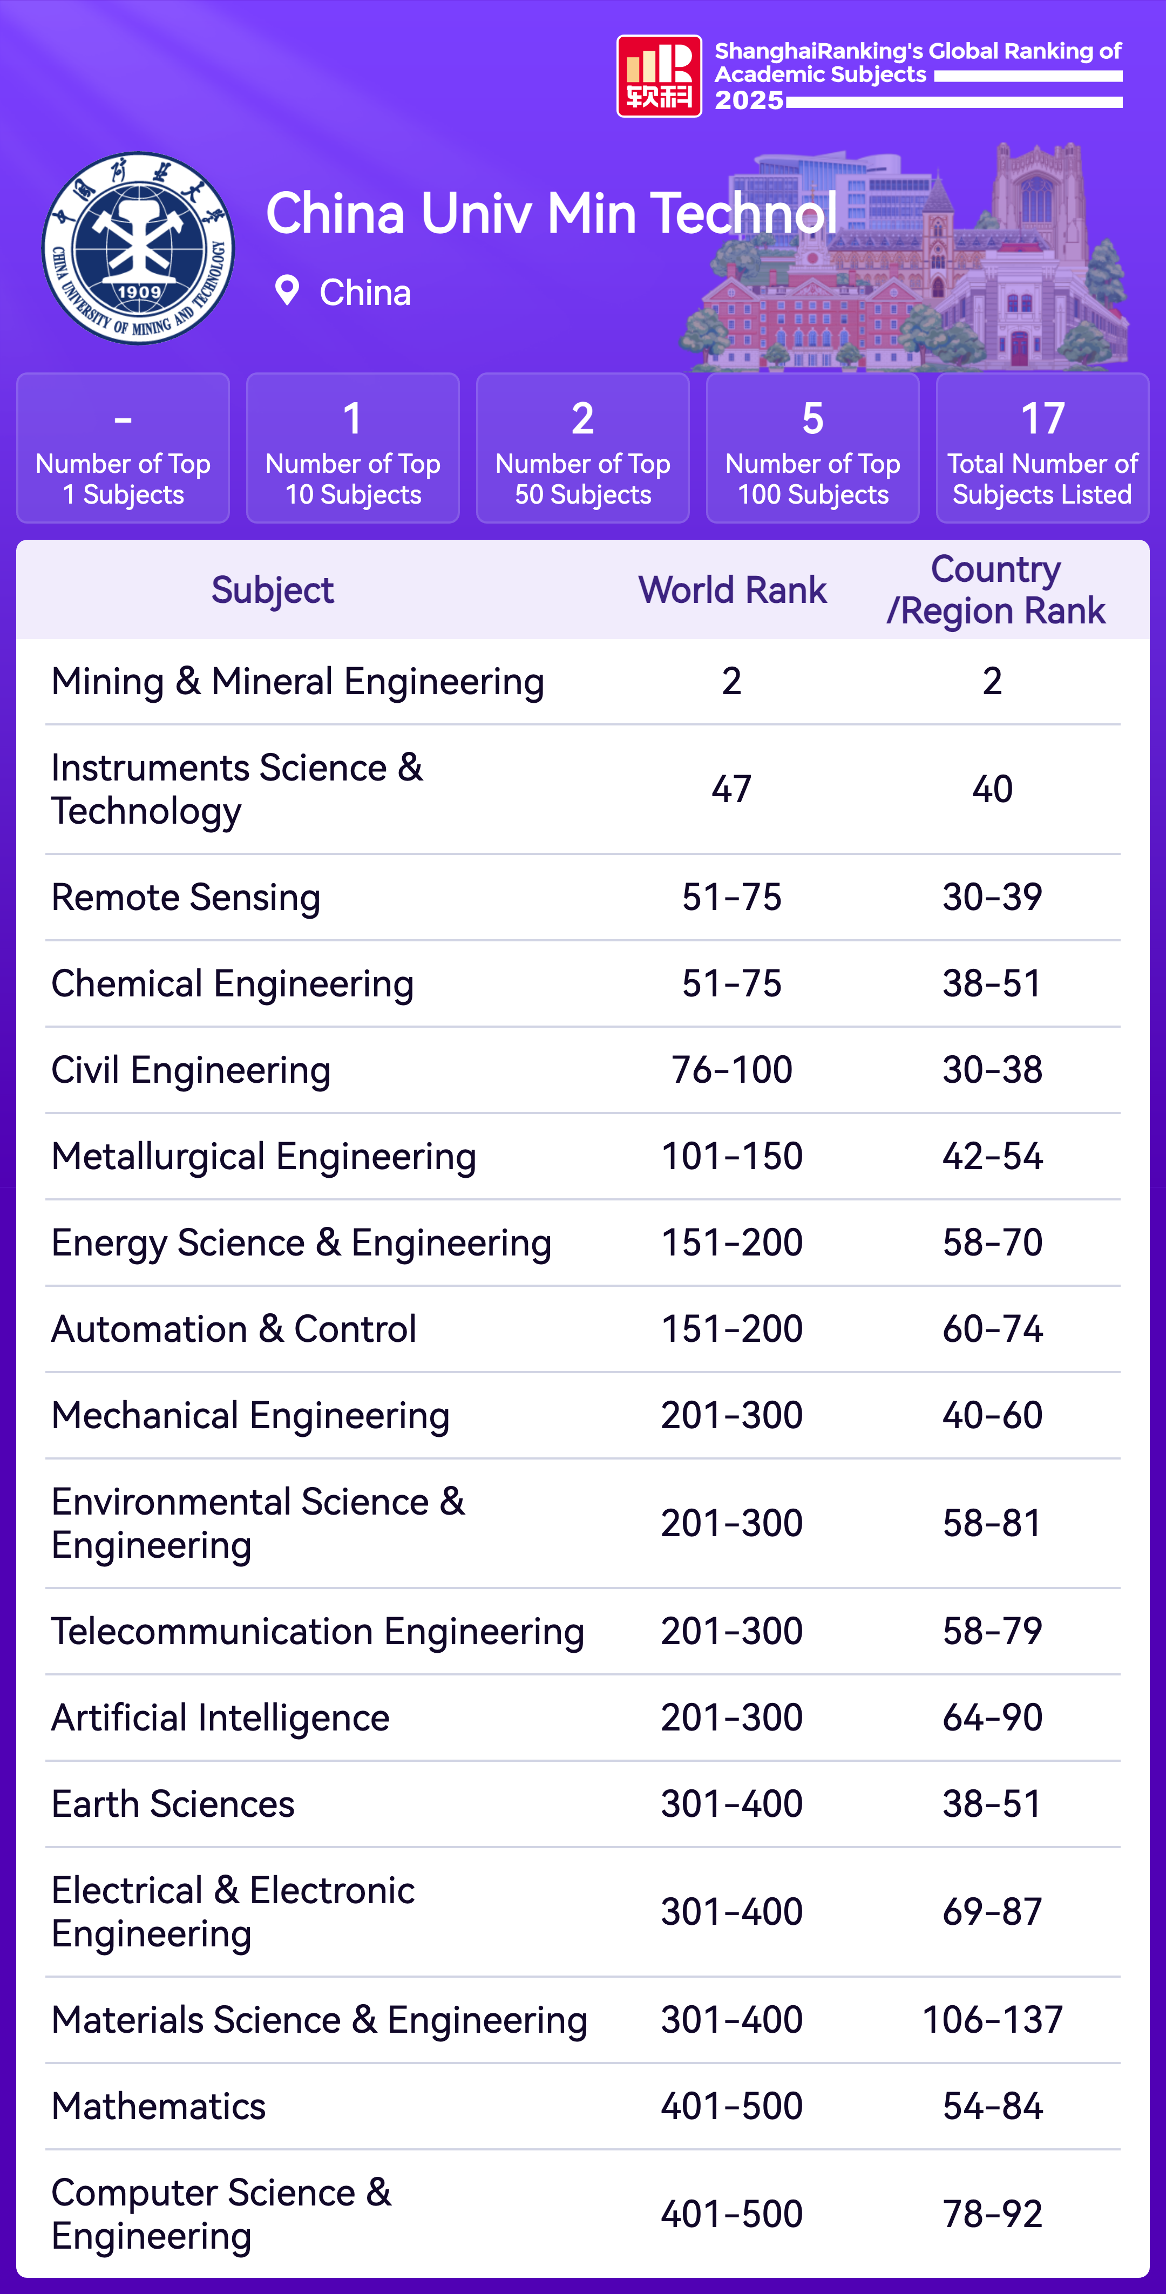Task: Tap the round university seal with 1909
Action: [139, 248]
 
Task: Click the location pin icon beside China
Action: [287, 290]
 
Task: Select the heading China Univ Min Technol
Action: [551, 214]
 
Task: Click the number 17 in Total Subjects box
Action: [1042, 418]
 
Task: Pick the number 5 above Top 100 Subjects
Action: [812, 418]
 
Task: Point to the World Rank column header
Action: [732, 589]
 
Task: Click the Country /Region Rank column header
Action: [995, 589]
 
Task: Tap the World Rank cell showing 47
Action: [731, 789]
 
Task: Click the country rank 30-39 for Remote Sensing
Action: [992, 897]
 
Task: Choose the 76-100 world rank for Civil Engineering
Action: [731, 1069]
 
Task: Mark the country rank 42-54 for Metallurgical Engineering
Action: [992, 1156]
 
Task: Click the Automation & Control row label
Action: [233, 1329]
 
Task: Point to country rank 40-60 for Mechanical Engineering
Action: [992, 1415]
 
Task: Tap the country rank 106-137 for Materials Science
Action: [992, 2020]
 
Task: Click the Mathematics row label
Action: [159, 2106]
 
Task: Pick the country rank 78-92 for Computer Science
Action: [992, 2214]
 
